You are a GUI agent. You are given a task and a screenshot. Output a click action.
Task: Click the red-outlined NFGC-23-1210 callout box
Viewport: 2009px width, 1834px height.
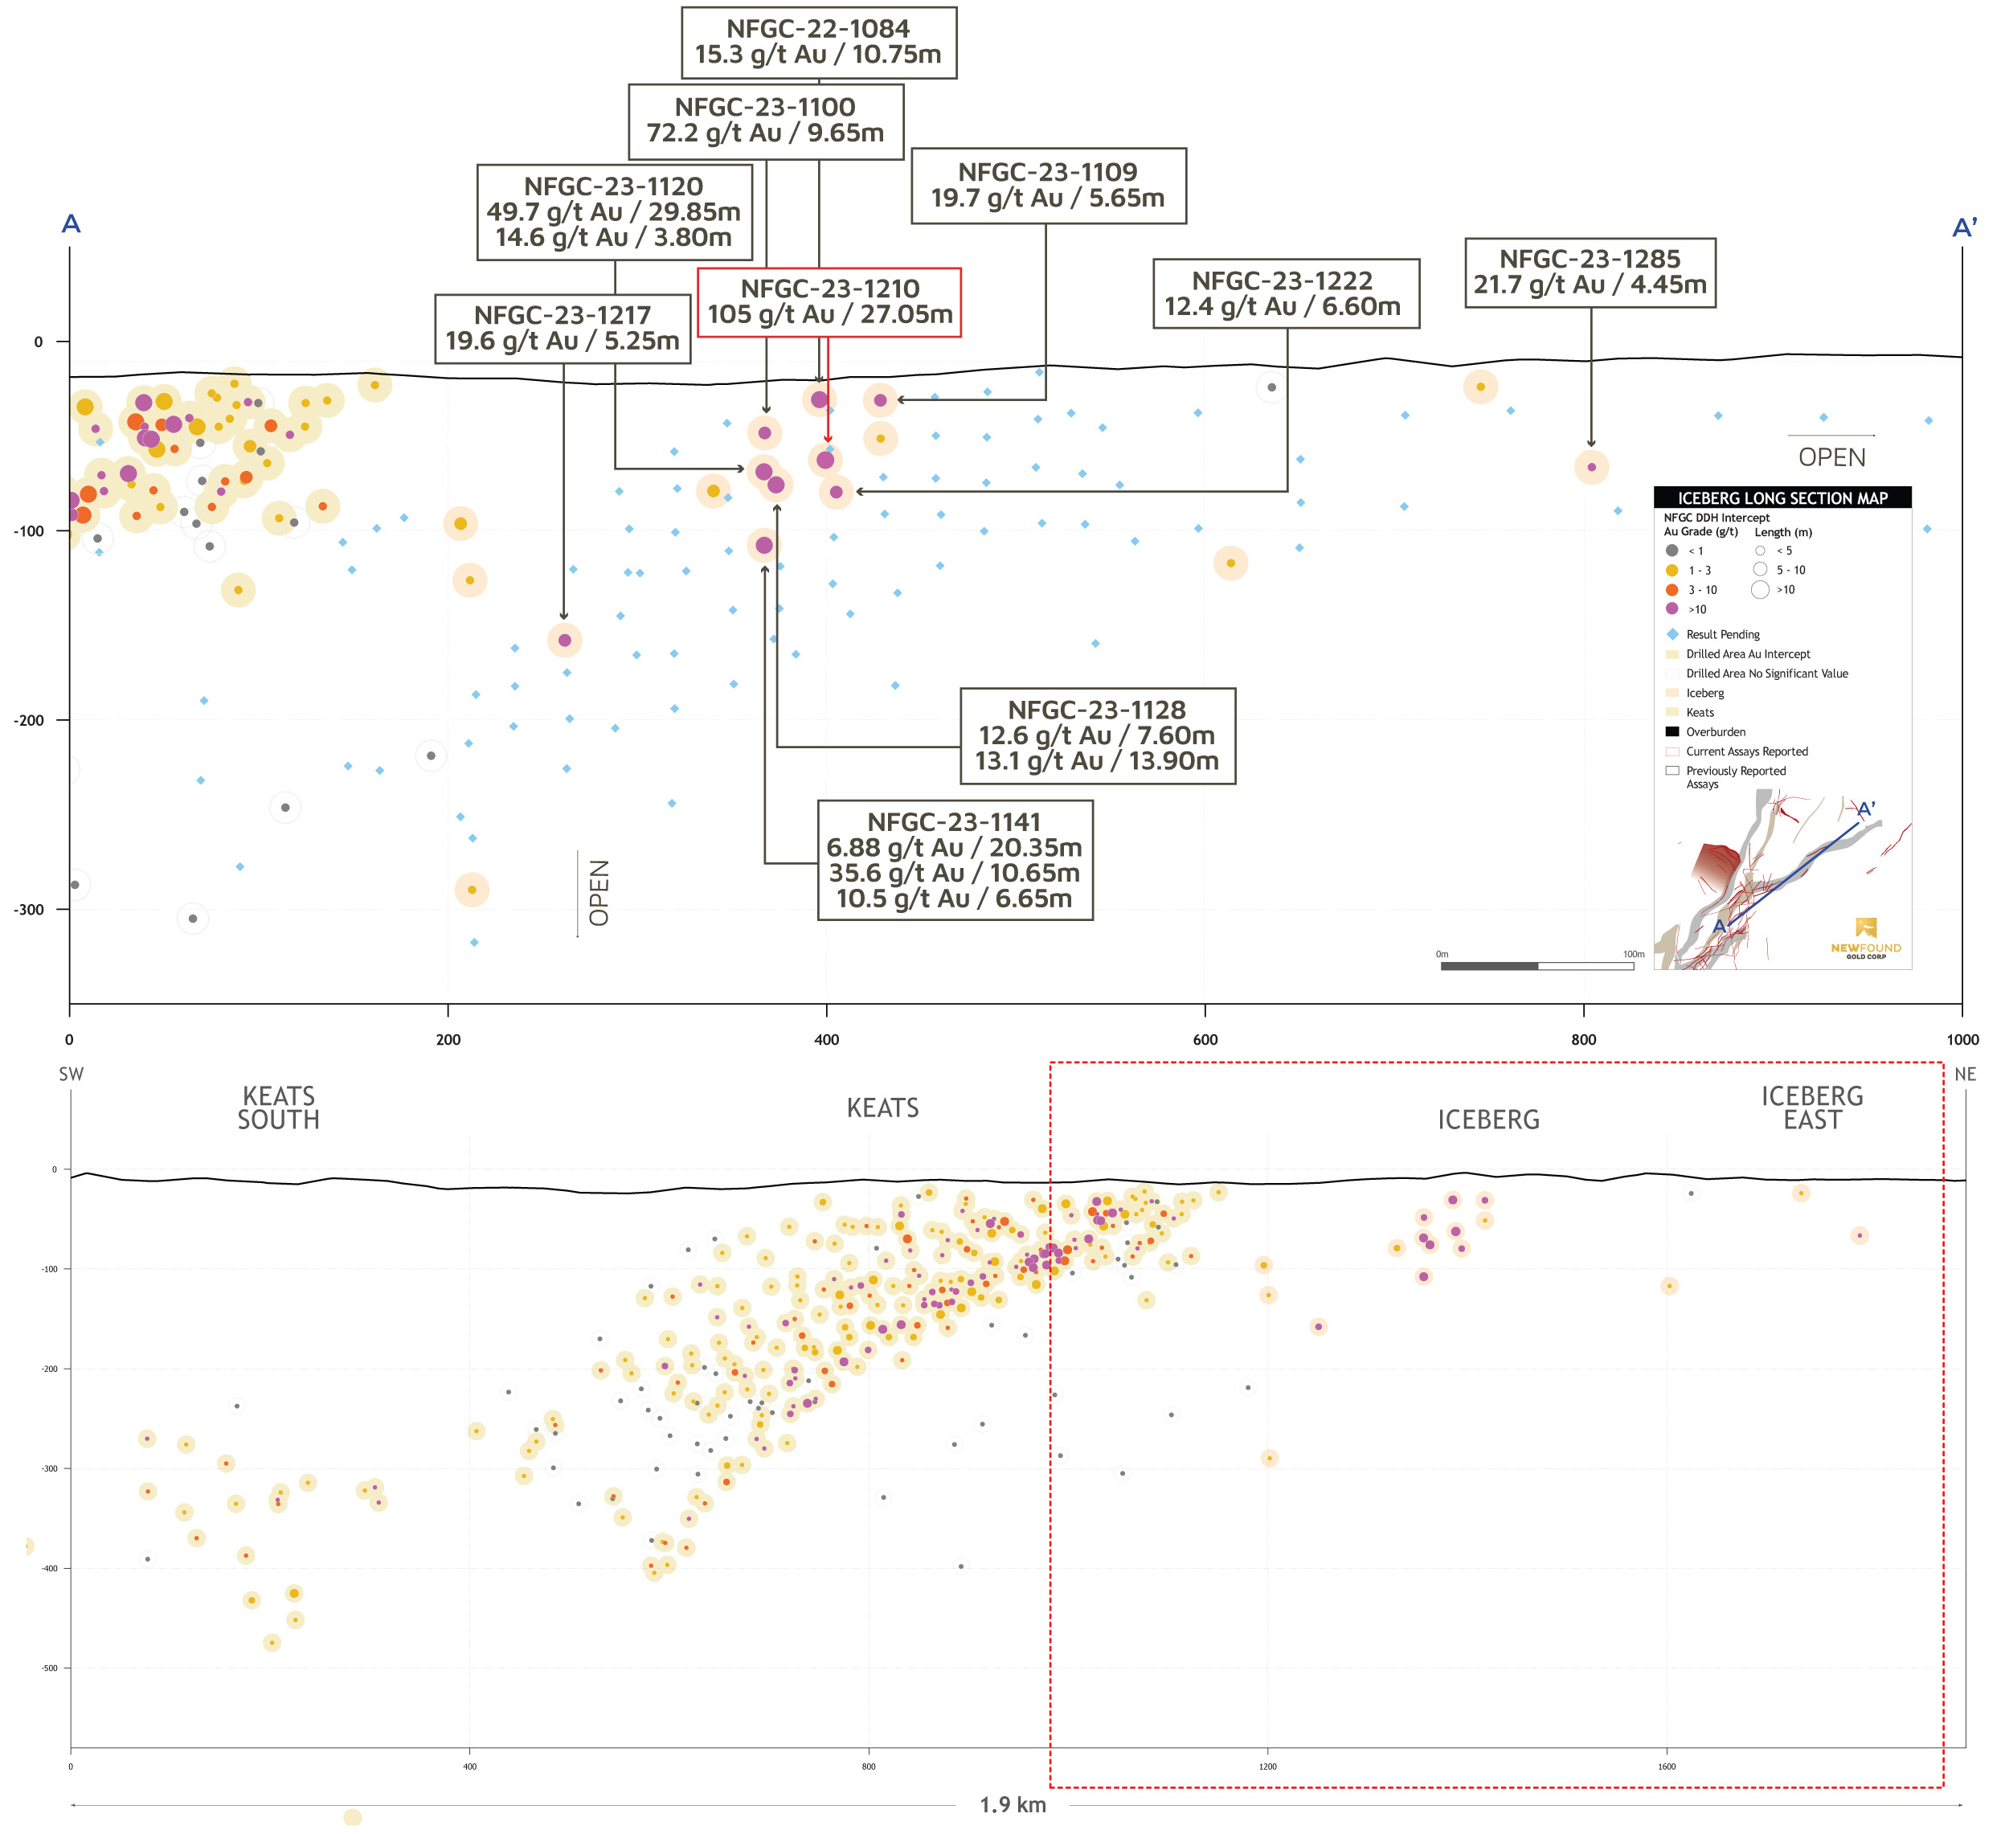pos(829,302)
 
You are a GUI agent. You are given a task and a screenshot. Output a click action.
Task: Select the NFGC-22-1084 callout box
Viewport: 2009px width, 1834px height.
pos(818,42)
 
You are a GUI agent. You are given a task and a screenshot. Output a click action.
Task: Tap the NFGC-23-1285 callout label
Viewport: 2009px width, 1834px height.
pos(1590,272)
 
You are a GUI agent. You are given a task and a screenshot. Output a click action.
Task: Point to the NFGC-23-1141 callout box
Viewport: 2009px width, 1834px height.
pos(955,860)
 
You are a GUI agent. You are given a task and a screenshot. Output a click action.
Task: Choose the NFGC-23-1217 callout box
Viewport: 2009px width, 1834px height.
pos(562,328)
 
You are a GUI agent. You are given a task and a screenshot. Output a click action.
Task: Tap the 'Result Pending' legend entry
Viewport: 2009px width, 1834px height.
pos(1722,635)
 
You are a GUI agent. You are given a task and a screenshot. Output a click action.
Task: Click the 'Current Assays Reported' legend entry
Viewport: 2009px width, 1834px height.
pos(1746,752)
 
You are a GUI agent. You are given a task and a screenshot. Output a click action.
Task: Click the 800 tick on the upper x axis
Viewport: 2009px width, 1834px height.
pos(1583,1040)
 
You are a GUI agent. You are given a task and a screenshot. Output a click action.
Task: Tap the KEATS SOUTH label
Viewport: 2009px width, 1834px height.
pos(278,1108)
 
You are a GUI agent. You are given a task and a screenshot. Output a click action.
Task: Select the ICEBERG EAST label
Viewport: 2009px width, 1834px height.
pos(1811,1108)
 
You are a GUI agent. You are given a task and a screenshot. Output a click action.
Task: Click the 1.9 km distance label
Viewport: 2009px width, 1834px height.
pos(1013,1805)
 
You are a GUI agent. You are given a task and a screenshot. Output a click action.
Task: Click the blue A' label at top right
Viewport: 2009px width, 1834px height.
pos(1962,228)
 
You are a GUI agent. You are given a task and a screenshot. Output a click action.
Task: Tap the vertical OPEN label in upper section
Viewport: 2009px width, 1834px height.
pos(599,893)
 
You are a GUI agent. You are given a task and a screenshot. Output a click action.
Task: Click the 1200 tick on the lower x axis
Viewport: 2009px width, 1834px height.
pos(1267,1767)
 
